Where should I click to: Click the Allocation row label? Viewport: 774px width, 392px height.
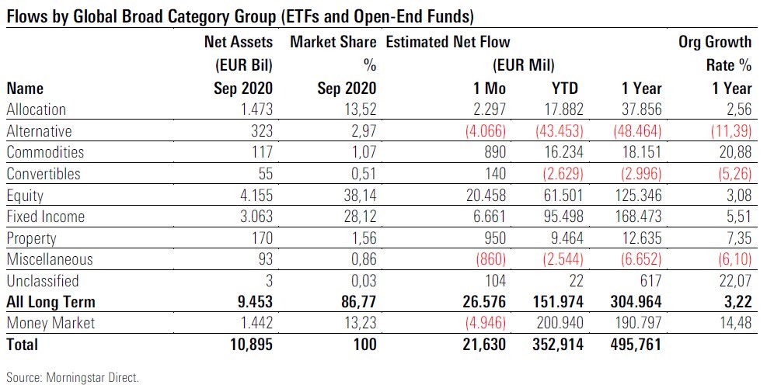coord(36,109)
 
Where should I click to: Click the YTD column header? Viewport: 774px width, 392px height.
coord(565,88)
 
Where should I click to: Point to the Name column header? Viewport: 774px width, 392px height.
coord(25,88)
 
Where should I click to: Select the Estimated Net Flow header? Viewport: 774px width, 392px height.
coord(448,42)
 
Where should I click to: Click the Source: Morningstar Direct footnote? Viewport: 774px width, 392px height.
coord(72,378)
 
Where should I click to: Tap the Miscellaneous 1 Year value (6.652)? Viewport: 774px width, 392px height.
coord(635,259)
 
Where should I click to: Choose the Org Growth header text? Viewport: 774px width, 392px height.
coord(715,42)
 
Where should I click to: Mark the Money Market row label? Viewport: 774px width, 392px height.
coord(51,323)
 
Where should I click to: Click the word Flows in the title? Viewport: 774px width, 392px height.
coord(26,15)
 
